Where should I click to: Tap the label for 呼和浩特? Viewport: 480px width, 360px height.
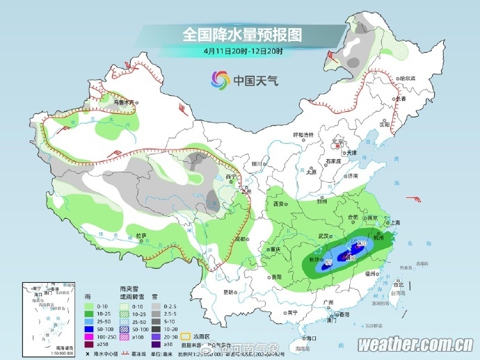(303, 134)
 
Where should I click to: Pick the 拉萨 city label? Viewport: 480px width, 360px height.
(141, 236)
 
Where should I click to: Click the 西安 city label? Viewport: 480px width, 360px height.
(279, 204)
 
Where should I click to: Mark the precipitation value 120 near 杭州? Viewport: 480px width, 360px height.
(361, 243)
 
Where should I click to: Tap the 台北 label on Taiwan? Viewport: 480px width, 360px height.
(398, 284)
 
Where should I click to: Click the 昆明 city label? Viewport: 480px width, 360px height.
(228, 293)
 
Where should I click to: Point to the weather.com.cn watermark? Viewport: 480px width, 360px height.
(416, 344)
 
